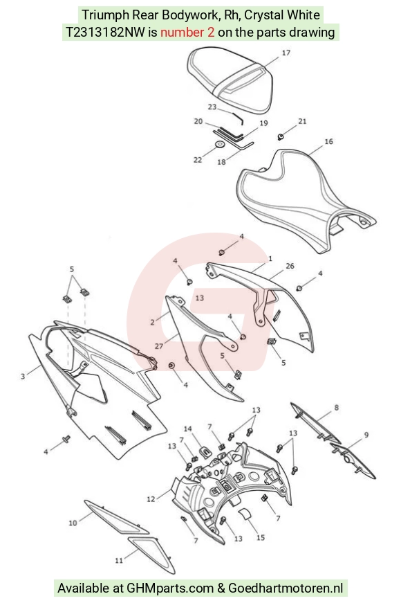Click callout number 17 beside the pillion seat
point(286,53)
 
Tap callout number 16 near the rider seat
point(329,141)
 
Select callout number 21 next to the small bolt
point(302,121)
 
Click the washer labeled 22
point(220,145)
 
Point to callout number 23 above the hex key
point(212,107)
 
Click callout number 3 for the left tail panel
point(23,376)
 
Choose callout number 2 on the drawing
point(153,322)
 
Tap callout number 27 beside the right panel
point(159,346)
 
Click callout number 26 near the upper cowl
point(290,266)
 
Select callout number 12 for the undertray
point(151,498)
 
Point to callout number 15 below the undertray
point(261,537)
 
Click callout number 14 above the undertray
point(188,429)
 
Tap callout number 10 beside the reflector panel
point(73,523)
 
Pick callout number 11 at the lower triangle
point(119,560)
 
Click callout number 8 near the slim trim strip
point(337,407)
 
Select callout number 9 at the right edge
point(366,435)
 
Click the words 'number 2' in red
point(187,33)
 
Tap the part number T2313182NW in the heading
point(106,33)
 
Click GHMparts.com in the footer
point(170,588)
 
